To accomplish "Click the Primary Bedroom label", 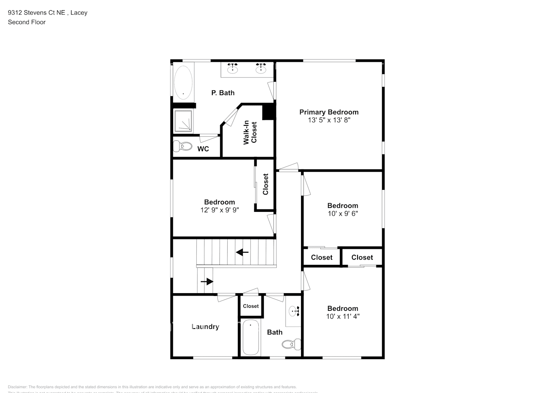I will click(x=329, y=112).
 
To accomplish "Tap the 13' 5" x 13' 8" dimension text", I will click(x=329, y=120).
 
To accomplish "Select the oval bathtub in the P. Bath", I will click(x=183, y=83).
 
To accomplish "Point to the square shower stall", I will click(x=183, y=121).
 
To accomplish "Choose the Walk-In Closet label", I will click(x=250, y=132).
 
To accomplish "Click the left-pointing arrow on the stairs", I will click(x=242, y=252).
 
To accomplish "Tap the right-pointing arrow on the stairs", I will click(x=207, y=281).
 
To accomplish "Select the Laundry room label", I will click(x=205, y=327).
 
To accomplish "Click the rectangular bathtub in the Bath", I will click(x=250, y=337).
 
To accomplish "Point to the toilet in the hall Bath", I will click(x=291, y=344).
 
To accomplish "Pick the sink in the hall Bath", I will click(x=294, y=312).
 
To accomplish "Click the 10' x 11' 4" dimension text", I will click(x=343, y=316).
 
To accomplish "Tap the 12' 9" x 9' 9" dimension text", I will click(x=219, y=210).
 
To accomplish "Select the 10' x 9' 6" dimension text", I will click(x=343, y=214).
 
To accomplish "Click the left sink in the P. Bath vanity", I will click(x=233, y=69).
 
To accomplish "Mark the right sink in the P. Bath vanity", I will click(x=261, y=69).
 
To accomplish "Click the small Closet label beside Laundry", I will click(x=251, y=306).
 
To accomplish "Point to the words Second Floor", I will click(x=27, y=22).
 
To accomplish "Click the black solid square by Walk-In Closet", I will click(x=268, y=112).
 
